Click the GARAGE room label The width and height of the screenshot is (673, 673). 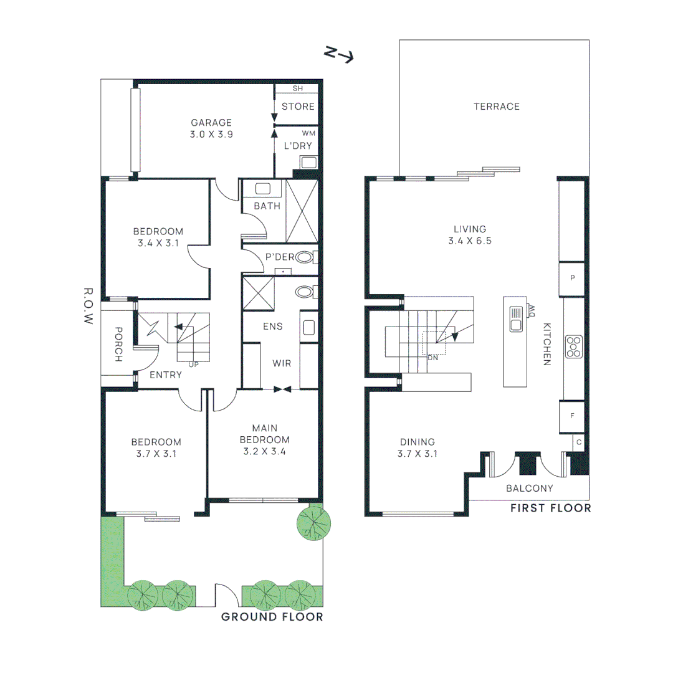pos(211,123)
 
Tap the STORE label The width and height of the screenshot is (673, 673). pos(298,107)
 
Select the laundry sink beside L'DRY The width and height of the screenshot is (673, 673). pos(309,162)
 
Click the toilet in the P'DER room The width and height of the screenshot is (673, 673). pos(306,257)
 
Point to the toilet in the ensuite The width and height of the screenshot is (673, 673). pos(306,292)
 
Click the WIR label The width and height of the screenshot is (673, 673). pos(282,363)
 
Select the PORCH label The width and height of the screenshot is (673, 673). pos(118,345)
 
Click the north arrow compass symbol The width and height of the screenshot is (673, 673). pos(339,55)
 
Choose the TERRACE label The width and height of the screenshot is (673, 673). pos(497,107)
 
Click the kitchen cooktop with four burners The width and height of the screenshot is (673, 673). pos(573,346)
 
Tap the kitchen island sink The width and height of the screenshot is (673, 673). pos(515,318)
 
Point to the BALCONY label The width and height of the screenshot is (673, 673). pos(529,489)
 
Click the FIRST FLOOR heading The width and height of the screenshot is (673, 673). pos(550,508)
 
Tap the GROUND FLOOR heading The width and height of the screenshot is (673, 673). pos(272,617)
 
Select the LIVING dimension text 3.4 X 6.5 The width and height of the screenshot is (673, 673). pos(470,241)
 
